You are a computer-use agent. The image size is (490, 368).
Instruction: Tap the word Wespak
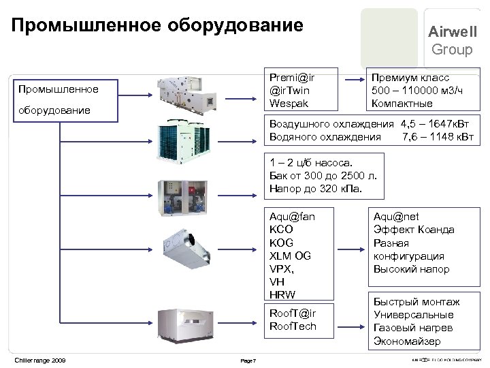tap(288, 104)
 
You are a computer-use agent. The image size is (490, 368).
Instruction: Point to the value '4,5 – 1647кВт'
tap(433, 124)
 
